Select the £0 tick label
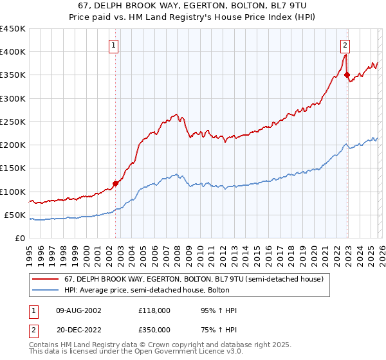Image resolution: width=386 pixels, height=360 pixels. tap(19, 238)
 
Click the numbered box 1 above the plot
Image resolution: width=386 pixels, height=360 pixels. tap(113, 45)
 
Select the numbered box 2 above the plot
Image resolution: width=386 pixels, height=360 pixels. tap(345, 45)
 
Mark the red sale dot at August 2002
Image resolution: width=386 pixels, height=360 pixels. tap(116, 183)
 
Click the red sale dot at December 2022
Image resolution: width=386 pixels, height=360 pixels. tap(347, 75)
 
